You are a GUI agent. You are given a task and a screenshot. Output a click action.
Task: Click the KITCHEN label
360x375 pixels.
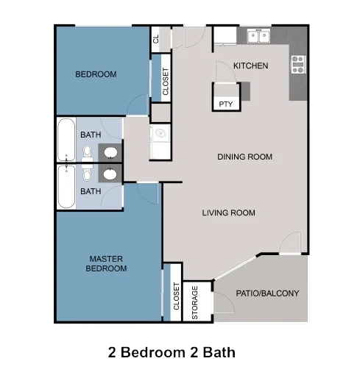(x=250, y=66)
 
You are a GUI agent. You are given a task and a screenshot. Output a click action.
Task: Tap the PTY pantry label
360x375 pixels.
(x=225, y=104)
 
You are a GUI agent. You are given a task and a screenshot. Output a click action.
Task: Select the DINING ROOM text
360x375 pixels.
(x=244, y=157)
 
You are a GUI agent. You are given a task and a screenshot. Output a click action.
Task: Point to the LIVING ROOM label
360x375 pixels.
(x=228, y=213)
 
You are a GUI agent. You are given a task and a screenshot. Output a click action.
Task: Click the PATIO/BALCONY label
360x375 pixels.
(x=267, y=293)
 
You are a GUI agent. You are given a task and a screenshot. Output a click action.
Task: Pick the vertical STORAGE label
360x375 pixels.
(x=195, y=302)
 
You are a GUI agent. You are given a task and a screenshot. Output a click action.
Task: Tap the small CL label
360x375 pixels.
(x=156, y=40)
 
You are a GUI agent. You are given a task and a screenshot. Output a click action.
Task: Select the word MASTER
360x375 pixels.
(x=106, y=259)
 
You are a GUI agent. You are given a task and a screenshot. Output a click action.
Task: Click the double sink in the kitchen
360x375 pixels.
(x=258, y=36)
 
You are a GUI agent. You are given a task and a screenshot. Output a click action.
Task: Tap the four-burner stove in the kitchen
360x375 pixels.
(x=298, y=65)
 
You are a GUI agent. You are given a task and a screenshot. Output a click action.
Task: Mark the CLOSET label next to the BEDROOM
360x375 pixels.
(x=166, y=81)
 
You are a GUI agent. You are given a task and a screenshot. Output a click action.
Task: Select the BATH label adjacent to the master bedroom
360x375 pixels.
(x=91, y=191)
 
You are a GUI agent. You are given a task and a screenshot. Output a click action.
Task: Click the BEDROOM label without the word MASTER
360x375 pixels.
(x=96, y=74)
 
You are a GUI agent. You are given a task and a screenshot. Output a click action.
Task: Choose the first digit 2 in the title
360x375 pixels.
(x=113, y=352)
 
